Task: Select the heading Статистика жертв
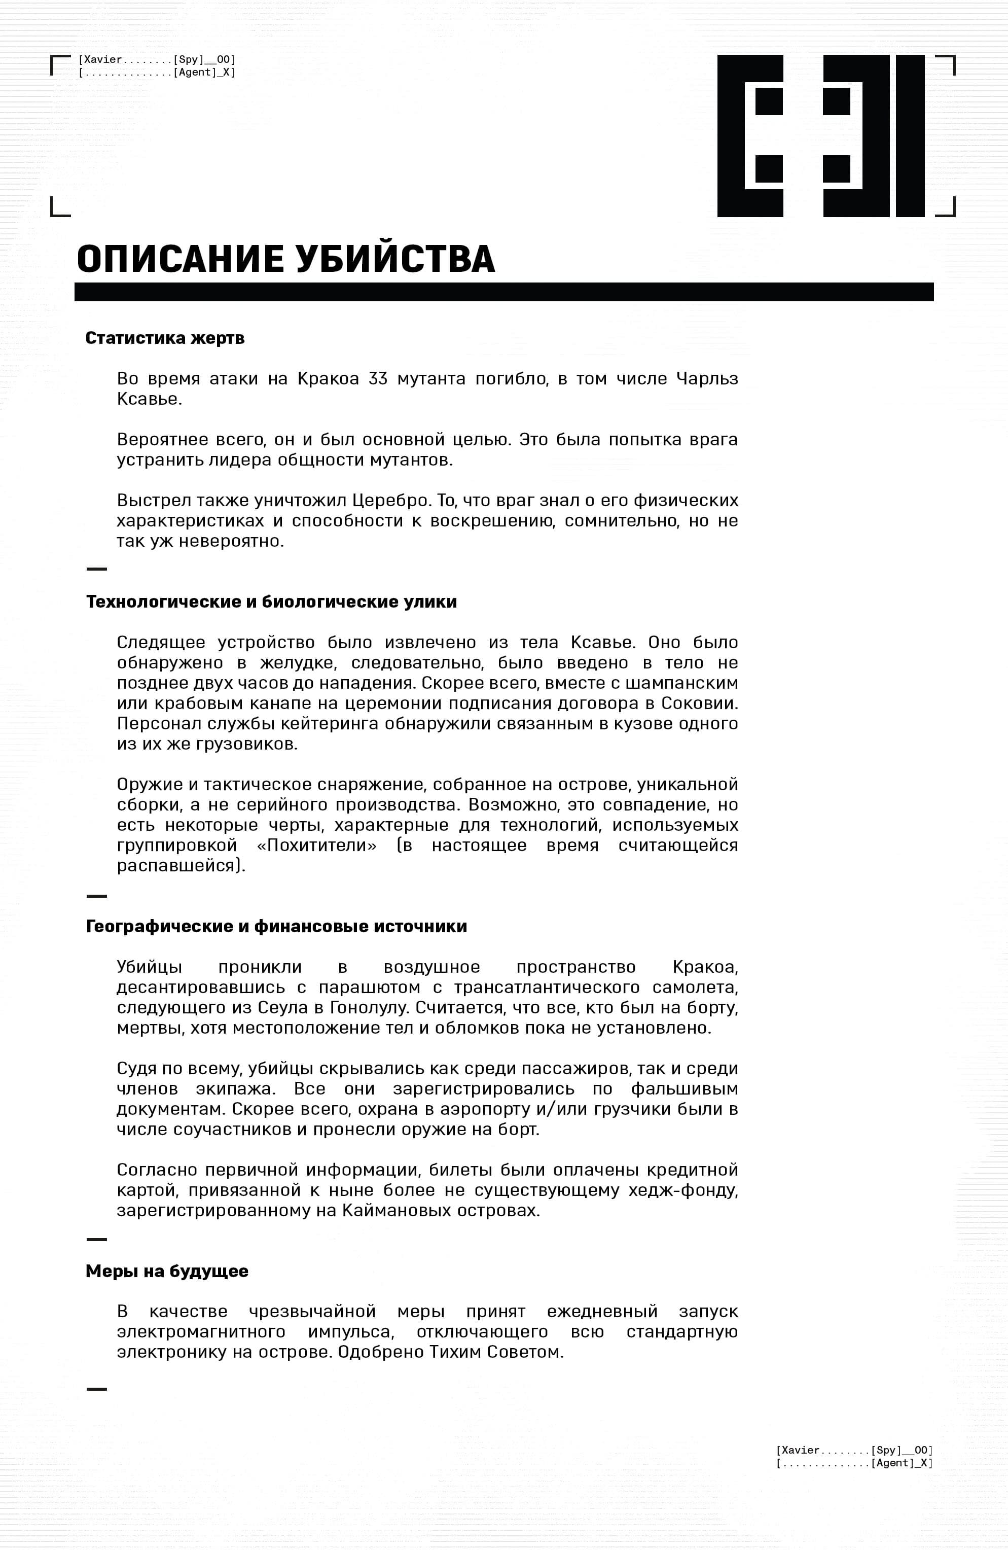165,338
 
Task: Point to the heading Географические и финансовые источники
276,926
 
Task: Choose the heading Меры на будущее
167,1271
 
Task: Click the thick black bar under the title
503,292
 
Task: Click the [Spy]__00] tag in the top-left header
204,60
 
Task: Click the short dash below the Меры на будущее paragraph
96,1389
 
